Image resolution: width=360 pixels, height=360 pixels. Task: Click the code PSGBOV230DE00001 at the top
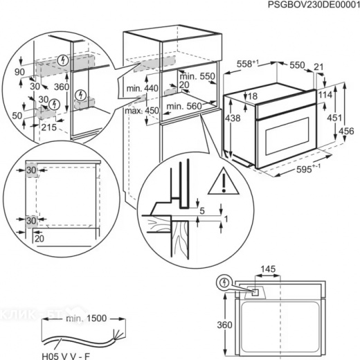click(314, 5)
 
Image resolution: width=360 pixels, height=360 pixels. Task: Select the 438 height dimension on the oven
click(233, 118)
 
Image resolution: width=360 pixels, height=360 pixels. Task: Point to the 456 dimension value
click(346, 131)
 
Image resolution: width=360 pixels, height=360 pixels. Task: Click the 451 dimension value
click(334, 118)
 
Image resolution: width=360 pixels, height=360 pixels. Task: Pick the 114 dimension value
click(325, 94)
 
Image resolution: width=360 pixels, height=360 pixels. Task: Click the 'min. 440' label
click(143, 88)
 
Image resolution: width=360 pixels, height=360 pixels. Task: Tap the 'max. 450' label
click(142, 111)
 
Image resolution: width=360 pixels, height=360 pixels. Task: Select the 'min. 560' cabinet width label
click(184, 106)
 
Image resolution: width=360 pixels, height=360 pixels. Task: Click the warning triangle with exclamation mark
click(223, 181)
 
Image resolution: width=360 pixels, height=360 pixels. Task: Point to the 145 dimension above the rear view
click(268, 269)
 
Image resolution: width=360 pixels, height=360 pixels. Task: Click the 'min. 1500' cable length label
click(87, 318)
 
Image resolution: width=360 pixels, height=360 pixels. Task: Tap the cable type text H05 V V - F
click(66, 357)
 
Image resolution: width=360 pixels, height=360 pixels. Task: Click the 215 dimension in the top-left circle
click(49, 127)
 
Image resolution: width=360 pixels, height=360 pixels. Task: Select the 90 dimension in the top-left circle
click(19, 72)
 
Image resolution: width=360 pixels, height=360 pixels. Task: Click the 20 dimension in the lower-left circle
click(39, 238)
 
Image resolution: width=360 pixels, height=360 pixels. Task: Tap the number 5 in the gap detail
click(202, 210)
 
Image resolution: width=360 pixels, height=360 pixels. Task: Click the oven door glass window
click(287, 136)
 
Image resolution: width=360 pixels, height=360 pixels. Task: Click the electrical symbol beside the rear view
click(224, 282)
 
